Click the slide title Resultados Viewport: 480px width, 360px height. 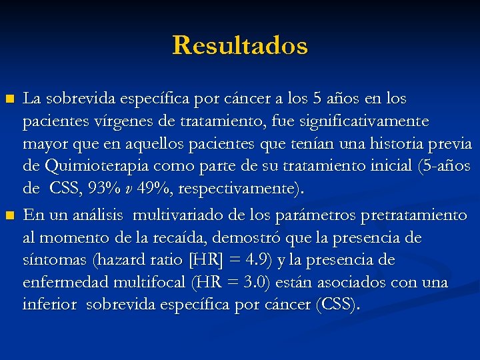coord(240,46)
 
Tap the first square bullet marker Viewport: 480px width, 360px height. coord(9,99)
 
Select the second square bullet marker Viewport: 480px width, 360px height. coord(9,215)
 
